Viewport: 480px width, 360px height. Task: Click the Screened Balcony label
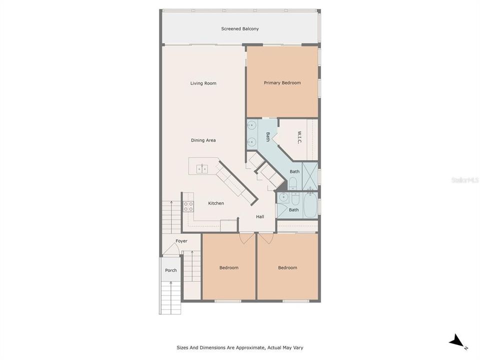pyautogui.click(x=240, y=29)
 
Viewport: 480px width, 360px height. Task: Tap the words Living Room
pyautogui.click(x=203, y=83)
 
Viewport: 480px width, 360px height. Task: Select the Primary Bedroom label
pyautogui.click(x=282, y=83)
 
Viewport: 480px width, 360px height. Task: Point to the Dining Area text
pyautogui.click(x=203, y=140)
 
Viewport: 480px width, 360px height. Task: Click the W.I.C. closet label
pyautogui.click(x=299, y=138)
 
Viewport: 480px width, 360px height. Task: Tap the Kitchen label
pyautogui.click(x=216, y=203)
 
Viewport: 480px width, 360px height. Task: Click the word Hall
pyautogui.click(x=260, y=216)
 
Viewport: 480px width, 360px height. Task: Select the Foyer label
pyautogui.click(x=181, y=241)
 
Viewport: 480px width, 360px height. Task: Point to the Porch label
pyautogui.click(x=170, y=270)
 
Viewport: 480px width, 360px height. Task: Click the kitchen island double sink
pyautogui.click(x=202, y=168)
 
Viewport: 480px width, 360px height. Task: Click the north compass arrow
pyautogui.click(x=457, y=342)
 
